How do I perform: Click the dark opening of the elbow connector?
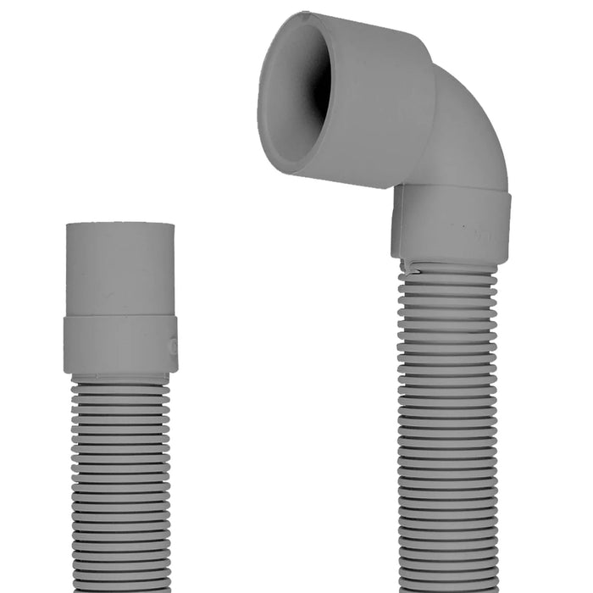[315, 93]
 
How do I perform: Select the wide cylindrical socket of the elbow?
[373, 102]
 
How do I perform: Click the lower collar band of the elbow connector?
[451, 224]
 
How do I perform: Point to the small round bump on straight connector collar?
[173, 346]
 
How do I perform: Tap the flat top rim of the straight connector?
[119, 225]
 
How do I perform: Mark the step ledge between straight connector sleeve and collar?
[119, 318]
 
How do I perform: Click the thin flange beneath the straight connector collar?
[119, 375]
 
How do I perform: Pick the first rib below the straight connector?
[119, 385]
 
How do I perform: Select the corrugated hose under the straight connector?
[119, 483]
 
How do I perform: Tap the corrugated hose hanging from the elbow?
[447, 424]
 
